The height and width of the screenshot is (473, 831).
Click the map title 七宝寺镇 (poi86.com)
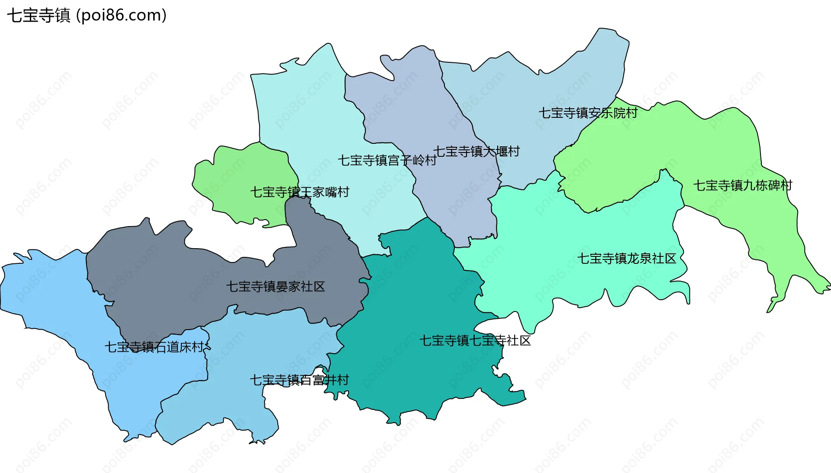pyautogui.click(x=87, y=16)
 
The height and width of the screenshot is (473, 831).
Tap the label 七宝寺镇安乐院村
pyautogui.click(x=588, y=113)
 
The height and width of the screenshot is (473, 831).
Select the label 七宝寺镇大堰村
pyautogui.click(x=476, y=152)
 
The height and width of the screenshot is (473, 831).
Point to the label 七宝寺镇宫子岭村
pyautogui.click(x=387, y=160)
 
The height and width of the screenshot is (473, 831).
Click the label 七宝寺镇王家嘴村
pyautogui.click(x=300, y=192)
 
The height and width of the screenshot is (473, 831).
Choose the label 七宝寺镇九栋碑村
pyautogui.click(x=743, y=185)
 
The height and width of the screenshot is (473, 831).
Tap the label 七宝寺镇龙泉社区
pyautogui.click(x=626, y=259)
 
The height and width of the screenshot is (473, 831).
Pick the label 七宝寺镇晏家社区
pyautogui.click(x=275, y=286)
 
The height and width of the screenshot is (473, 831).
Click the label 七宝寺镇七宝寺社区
pyautogui.click(x=475, y=340)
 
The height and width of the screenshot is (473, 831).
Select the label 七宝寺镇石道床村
pyautogui.click(x=154, y=347)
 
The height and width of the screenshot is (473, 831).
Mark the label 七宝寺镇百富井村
pyautogui.click(x=299, y=380)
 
